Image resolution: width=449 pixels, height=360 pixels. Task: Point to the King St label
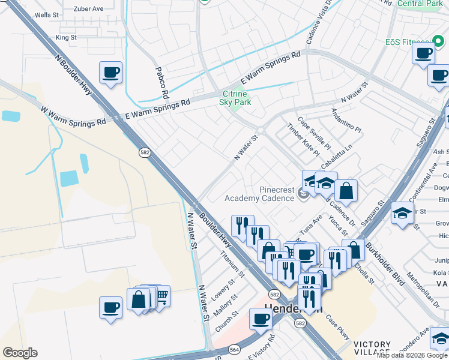tap(66, 37)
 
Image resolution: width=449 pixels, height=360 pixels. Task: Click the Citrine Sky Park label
tap(236, 98)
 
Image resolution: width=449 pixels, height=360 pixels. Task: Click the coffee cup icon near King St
tap(111, 73)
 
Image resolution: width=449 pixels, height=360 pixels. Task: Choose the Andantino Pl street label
tap(346, 121)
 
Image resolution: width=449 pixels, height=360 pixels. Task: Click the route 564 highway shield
tap(234, 349)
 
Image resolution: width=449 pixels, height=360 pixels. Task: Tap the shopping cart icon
tap(161, 295)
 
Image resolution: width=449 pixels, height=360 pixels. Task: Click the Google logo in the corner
tap(20, 353)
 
